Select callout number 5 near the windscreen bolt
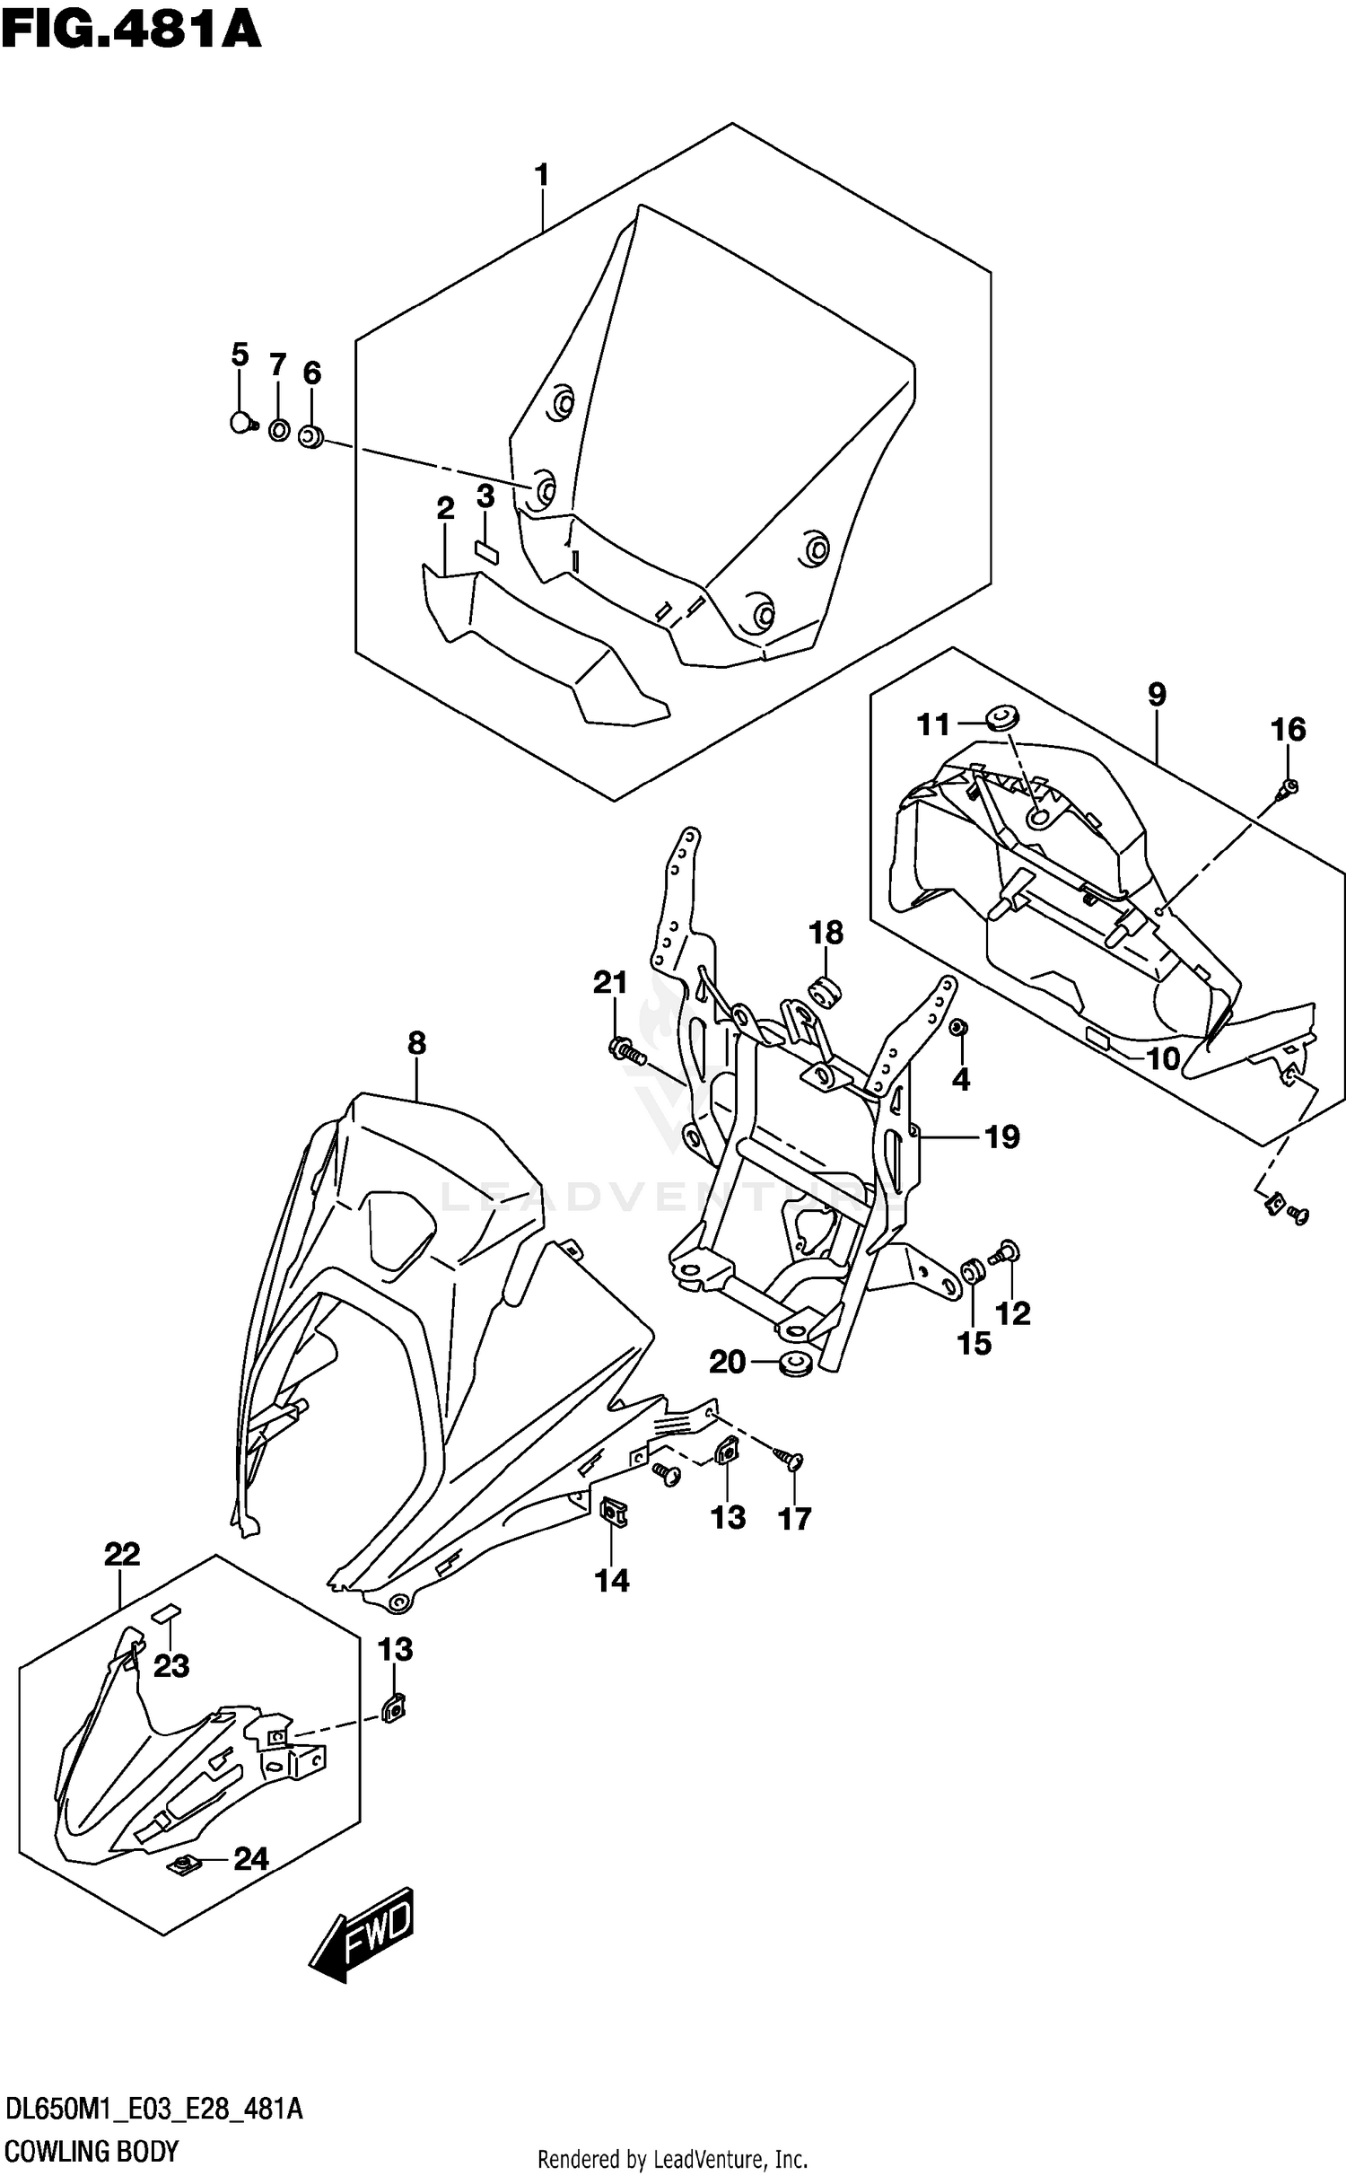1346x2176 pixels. tap(240, 355)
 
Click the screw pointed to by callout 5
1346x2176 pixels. tap(240, 421)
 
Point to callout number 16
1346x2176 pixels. tap(1289, 730)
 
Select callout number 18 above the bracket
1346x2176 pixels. tap(826, 934)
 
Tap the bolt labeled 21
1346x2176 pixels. tap(625, 1049)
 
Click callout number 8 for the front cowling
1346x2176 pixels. tap(416, 1043)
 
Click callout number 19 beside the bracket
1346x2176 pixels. tap(1002, 1137)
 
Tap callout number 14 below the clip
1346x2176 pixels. tap(612, 1580)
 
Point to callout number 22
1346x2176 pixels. tap(122, 1553)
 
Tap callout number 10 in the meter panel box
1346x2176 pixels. tap(1164, 1059)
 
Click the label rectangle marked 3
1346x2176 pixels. tap(485, 550)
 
